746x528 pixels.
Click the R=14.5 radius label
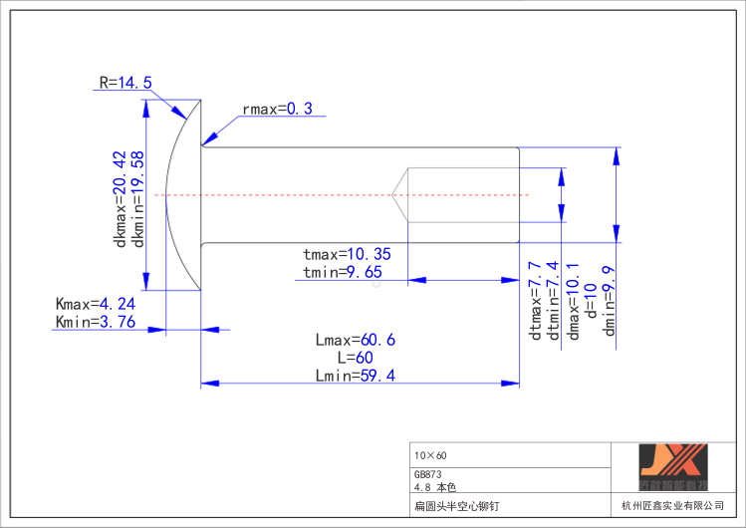point(125,83)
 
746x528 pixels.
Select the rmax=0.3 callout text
point(277,109)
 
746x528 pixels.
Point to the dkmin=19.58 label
point(138,200)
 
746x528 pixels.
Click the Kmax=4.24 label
point(96,304)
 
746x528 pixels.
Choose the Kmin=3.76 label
point(96,321)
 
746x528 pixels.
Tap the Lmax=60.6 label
point(355,340)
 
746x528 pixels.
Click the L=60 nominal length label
point(355,358)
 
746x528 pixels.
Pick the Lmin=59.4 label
point(355,376)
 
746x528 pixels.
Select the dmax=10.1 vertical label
point(573,301)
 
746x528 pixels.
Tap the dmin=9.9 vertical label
point(610,301)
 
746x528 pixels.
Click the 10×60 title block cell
point(431,454)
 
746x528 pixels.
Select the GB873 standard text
point(427,475)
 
